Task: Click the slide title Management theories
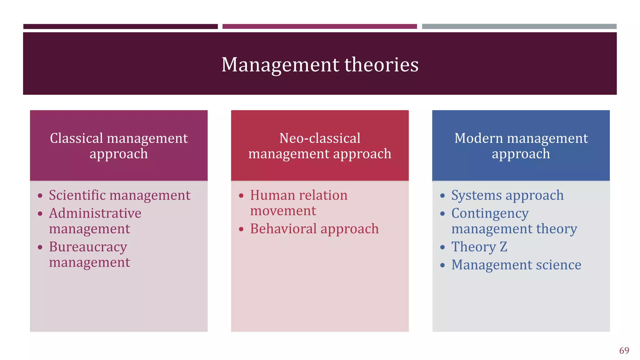tap(320, 65)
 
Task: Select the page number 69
tap(624, 350)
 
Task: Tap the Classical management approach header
tap(119, 146)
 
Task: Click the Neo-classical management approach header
tap(320, 146)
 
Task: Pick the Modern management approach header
tap(521, 146)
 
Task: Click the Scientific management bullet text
tap(120, 195)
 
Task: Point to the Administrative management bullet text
tap(95, 221)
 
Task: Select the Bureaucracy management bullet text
tap(89, 254)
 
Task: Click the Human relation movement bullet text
tap(298, 202)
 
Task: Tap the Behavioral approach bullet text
tap(314, 229)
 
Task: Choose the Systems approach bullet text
tap(507, 195)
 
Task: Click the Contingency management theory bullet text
tap(514, 221)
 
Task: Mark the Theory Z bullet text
tap(479, 247)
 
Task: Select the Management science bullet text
tap(516, 265)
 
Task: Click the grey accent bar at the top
tap(519, 27)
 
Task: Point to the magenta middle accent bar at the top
tap(319, 27)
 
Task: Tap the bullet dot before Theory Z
tap(442, 247)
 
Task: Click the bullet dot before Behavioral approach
tap(241, 229)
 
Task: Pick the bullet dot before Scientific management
tap(40, 196)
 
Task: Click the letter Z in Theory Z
tap(503, 247)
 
